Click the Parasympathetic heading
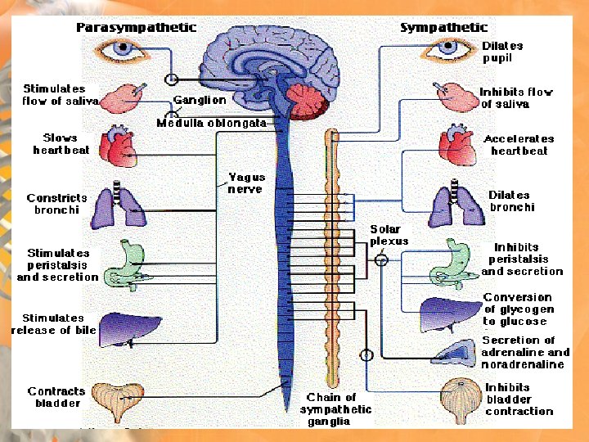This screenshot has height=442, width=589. pos(136,27)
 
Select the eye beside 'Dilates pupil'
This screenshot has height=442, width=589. pos(447,48)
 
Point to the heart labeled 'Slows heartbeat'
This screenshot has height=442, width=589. pos(117,146)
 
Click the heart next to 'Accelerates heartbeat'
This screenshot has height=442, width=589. pos(456,145)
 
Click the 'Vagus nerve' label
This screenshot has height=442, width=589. pos(245,183)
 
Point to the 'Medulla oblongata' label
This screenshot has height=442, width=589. pos(211,123)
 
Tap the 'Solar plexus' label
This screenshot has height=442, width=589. pos(389,235)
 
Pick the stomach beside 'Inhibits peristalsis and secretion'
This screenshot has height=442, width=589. pos(453,260)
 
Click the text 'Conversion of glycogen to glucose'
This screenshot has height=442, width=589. pos(518,309)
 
